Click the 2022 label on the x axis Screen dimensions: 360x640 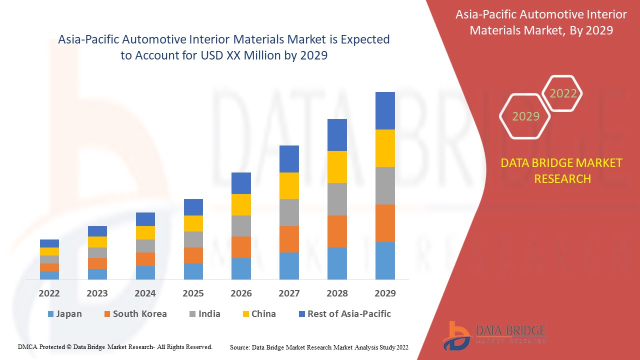click(x=49, y=293)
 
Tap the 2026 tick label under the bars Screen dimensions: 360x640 click(x=241, y=293)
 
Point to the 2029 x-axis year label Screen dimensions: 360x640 click(x=385, y=293)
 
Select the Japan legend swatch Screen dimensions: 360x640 click(x=50, y=314)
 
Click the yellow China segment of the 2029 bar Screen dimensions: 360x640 click(x=385, y=148)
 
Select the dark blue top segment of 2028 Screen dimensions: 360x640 click(x=337, y=135)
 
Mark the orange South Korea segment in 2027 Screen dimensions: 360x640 click(x=289, y=239)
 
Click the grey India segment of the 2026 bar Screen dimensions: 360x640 click(x=241, y=226)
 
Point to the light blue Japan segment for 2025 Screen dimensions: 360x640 click(x=193, y=271)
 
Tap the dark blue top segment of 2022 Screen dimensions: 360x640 click(x=49, y=243)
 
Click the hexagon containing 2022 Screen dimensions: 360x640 click(x=563, y=93)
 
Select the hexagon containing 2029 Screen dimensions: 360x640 click(x=525, y=116)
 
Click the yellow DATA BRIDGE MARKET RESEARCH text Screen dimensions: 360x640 click(x=562, y=170)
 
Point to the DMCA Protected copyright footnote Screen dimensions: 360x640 click(x=115, y=346)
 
